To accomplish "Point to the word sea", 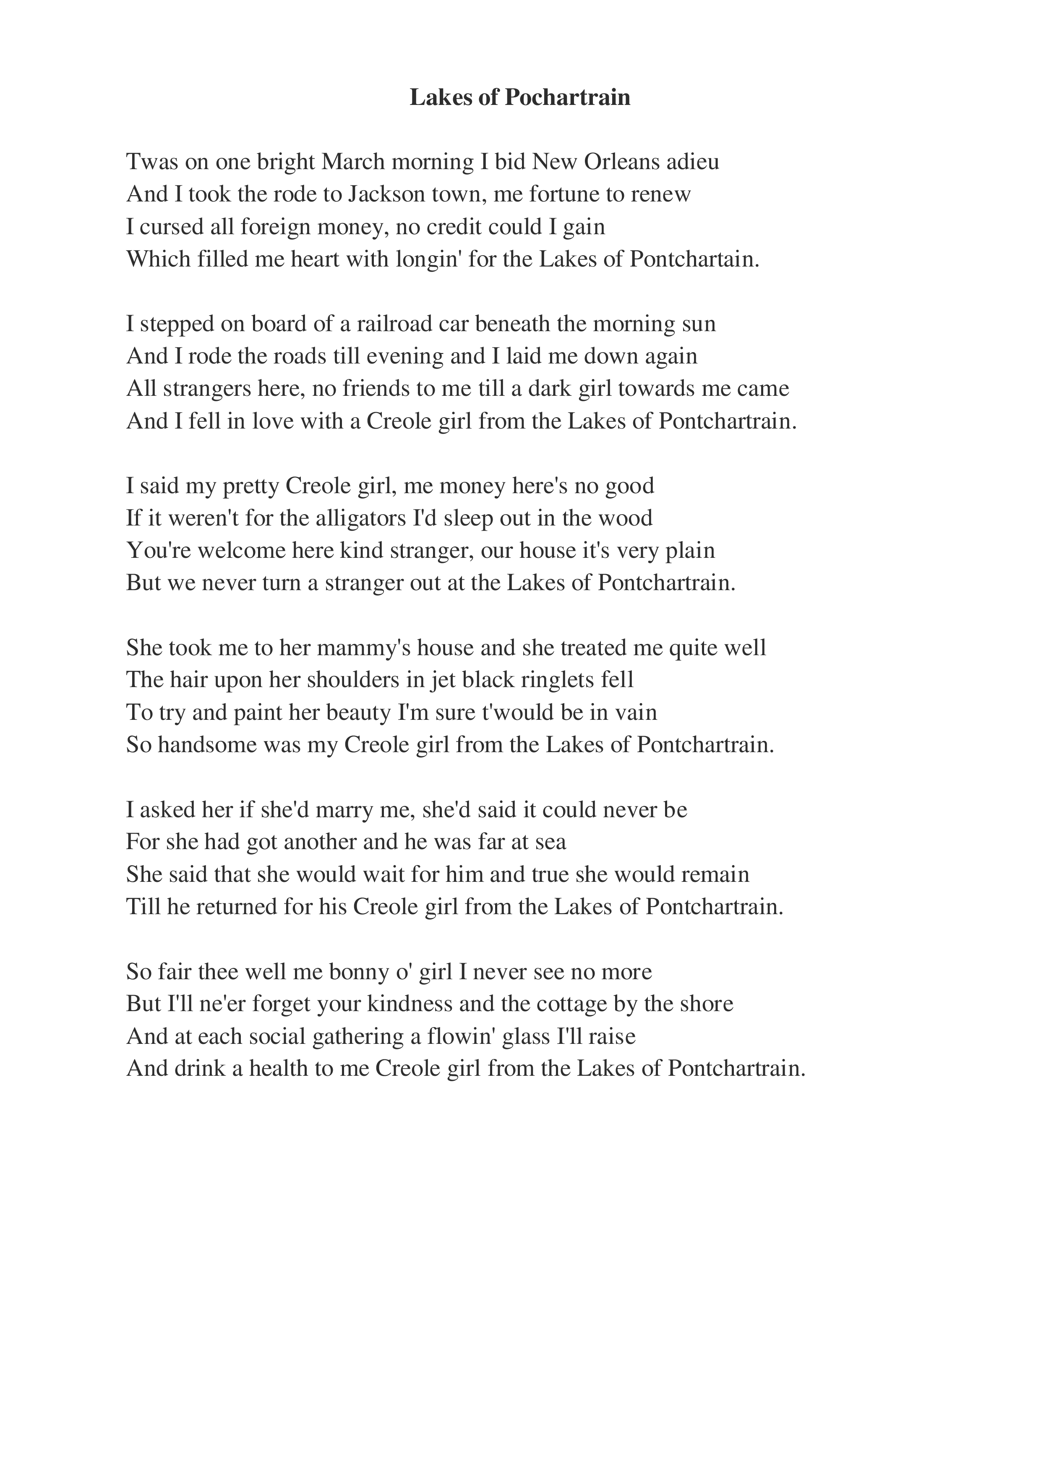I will tap(550, 842).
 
